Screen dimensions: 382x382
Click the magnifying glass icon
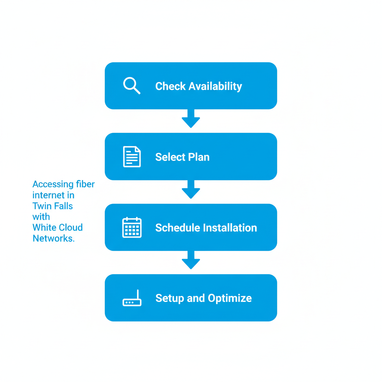(x=131, y=85)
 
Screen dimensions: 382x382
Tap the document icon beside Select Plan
(x=132, y=157)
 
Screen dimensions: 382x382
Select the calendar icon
(x=132, y=228)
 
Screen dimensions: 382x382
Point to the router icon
(x=132, y=299)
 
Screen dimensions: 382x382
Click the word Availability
(x=215, y=87)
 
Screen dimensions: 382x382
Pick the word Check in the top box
(x=170, y=86)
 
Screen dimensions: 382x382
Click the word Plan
(x=199, y=157)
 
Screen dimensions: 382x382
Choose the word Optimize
(x=230, y=298)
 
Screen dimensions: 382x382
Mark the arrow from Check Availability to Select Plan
(x=191, y=119)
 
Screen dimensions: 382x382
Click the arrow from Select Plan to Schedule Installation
(x=191, y=190)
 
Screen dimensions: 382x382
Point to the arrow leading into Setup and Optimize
(x=191, y=260)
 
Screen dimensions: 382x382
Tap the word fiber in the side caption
(x=85, y=184)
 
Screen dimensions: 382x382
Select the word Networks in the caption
(x=53, y=238)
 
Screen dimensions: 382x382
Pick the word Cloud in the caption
(x=71, y=228)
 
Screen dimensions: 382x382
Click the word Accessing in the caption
(x=53, y=184)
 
